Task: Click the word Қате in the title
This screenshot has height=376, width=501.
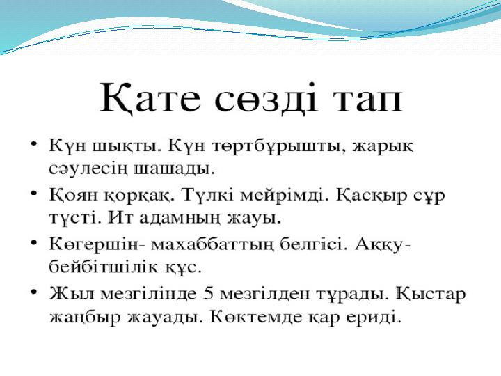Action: (150, 98)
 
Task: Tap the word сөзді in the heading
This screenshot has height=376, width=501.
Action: (267, 98)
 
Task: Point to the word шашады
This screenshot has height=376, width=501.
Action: (174, 169)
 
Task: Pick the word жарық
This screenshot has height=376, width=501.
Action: (383, 148)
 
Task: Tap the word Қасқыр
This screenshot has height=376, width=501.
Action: (372, 196)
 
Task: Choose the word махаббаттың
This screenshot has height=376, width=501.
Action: (212, 245)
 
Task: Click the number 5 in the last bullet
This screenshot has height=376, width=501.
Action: (208, 294)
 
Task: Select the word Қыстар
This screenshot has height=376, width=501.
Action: (431, 294)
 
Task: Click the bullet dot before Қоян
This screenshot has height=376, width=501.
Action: (33, 193)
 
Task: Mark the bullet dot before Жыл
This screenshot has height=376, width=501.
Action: (33, 292)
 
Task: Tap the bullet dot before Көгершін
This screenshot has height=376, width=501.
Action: (33, 243)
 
